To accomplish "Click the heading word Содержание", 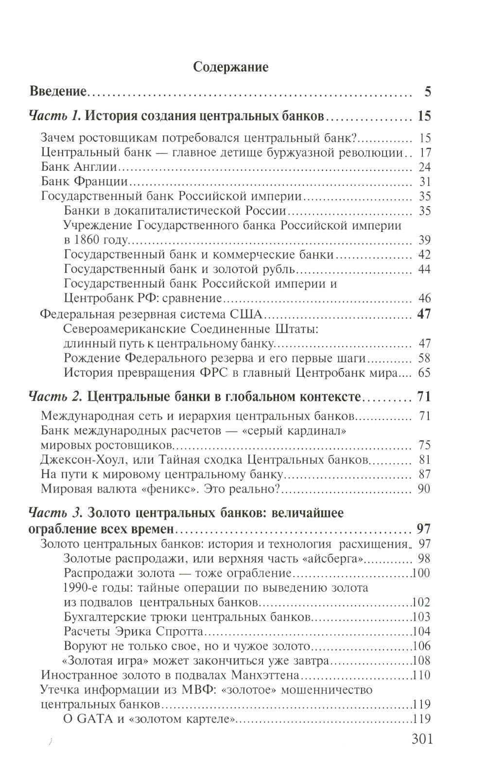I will pos(230,67).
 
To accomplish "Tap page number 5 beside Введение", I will pos(427,91).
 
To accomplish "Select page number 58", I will pos(424,359).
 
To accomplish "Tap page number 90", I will pos(424,488).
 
